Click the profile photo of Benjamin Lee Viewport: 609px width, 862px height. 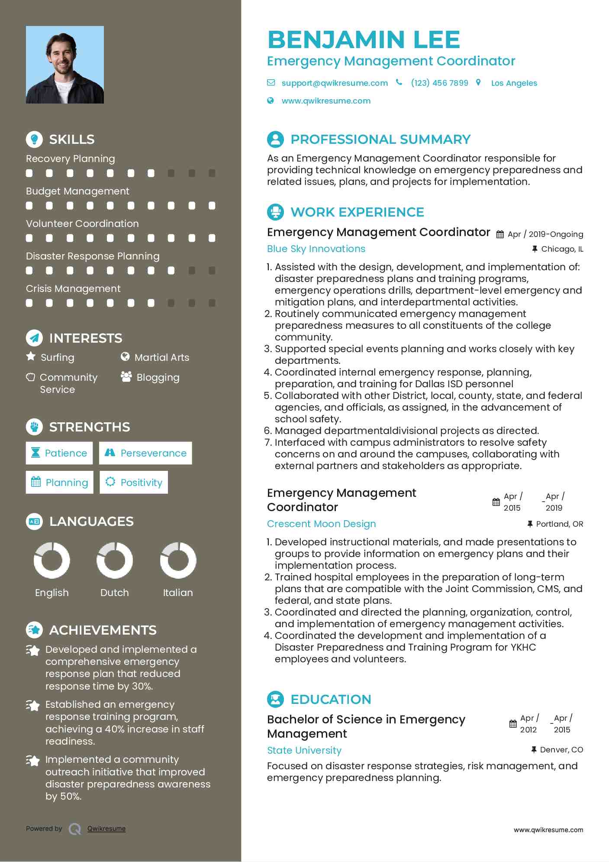pos(65,65)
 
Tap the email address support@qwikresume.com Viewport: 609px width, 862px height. pos(334,83)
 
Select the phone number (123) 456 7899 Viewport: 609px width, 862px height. pos(439,83)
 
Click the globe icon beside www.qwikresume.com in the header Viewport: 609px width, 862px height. pos(271,100)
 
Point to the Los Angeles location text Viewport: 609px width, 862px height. pos(514,83)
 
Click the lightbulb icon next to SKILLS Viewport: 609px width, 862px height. pos(34,139)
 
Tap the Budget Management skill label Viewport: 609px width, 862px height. pos(77,191)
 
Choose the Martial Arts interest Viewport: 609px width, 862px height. pos(161,357)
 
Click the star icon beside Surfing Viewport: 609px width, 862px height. pos(31,356)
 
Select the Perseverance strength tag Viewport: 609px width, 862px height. pos(145,453)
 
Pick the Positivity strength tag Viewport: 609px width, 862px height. pos(134,483)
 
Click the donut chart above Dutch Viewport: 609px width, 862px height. pos(115,560)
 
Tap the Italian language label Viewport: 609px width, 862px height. pos(177,593)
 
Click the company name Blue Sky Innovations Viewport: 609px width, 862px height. pos(316,249)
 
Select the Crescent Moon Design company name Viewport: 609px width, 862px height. pos(321,524)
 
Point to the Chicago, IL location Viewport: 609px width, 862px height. pos(562,249)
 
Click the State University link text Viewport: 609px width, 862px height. pos(304,750)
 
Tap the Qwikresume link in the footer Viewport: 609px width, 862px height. pos(106,829)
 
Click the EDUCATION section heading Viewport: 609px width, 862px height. pos(331,699)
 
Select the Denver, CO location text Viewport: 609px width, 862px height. pos(561,750)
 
